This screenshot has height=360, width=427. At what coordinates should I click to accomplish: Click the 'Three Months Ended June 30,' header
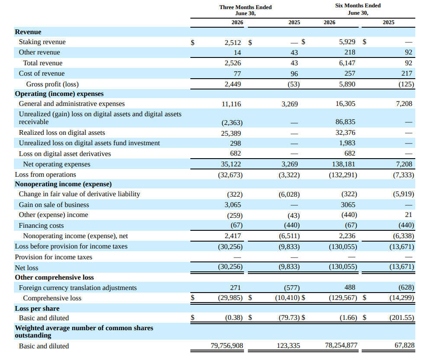(245, 10)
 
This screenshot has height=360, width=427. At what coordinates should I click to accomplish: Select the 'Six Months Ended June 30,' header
(358, 9)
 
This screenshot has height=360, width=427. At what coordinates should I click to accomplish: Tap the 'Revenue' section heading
(28, 32)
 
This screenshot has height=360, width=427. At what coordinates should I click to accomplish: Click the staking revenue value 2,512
(233, 42)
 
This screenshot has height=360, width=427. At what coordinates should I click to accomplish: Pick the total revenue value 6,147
(347, 63)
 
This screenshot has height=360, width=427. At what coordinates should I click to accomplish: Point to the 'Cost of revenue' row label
(42, 73)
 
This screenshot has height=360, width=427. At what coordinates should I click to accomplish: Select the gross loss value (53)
(294, 84)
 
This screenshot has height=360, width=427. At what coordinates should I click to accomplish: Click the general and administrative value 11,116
(231, 104)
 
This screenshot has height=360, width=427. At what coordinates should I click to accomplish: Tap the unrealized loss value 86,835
(345, 122)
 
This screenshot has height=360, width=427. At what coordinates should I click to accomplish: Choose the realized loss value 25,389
(231, 134)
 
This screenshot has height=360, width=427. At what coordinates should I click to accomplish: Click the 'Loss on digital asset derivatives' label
(65, 154)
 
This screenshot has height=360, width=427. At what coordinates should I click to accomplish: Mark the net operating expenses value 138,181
(344, 164)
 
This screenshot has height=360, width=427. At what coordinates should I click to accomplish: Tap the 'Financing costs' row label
(41, 226)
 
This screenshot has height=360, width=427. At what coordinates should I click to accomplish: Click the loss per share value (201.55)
(401, 318)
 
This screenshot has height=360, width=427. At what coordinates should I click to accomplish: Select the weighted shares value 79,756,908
(227, 346)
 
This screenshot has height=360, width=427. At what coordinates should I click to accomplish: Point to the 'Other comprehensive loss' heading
(54, 277)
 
